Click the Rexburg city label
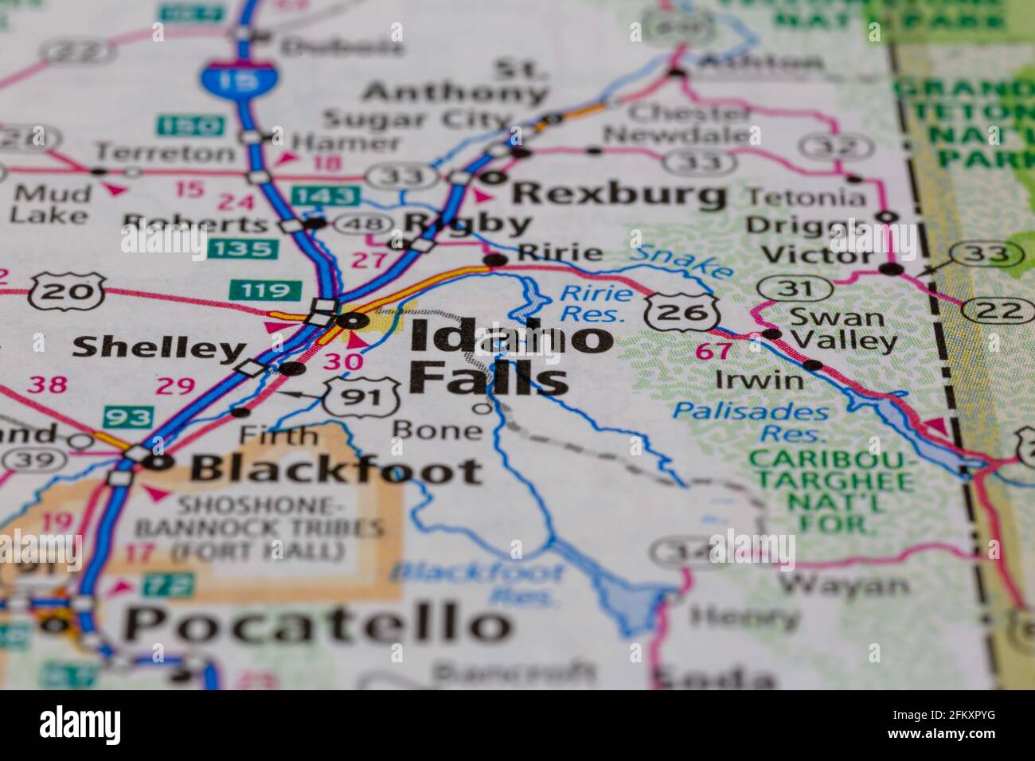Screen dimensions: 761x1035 [x=619, y=193]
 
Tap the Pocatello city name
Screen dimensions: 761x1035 [x=317, y=622]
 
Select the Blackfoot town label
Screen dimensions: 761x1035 [x=335, y=470]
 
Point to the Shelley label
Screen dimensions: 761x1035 [x=158, y=347]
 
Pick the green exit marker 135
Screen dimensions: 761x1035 [x=243, y=248]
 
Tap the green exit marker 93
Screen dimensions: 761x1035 [x=127, y=416]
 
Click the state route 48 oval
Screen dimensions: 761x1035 [x=362, y=224]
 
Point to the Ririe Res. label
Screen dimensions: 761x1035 [x=596, y=303]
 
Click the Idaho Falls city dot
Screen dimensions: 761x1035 [x=350, y=321]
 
